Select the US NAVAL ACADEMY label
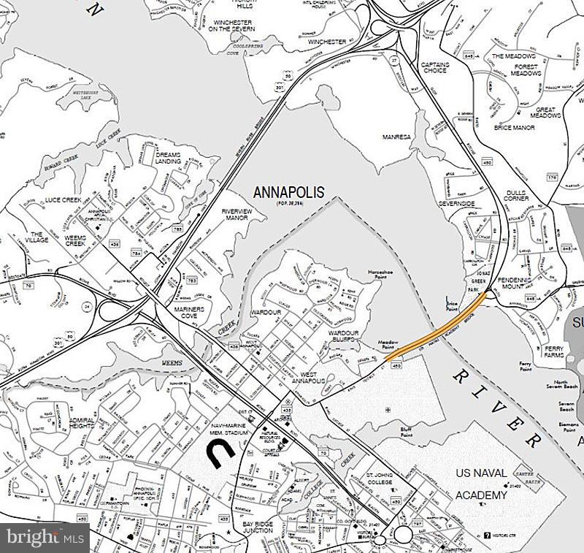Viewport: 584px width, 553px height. [x=481, y=485]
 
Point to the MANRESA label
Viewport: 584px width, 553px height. [x=397, y=137]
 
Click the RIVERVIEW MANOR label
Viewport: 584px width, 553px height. [x=236, y=215]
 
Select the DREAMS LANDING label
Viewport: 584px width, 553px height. [x=168, y=158]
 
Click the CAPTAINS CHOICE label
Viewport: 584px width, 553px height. [x=435, y=68]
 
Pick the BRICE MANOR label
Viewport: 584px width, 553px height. [x=514, y=128]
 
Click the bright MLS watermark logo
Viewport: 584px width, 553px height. [x=43, y=538]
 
